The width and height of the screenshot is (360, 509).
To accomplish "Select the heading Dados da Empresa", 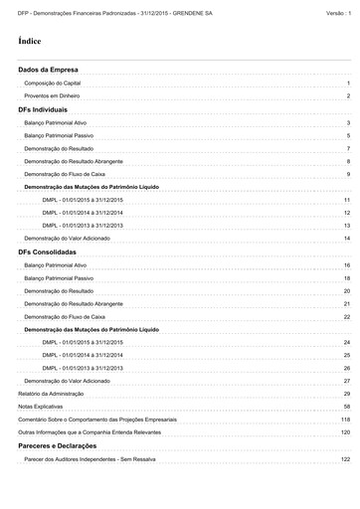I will (49, 72).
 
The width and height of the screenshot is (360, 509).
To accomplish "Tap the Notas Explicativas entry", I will (39, 407).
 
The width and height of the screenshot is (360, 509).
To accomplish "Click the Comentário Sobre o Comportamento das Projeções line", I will (110, 420).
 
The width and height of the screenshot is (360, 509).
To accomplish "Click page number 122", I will (345, 459).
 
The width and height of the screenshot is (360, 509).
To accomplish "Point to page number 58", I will (347, 407).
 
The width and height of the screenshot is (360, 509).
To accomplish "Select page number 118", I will (345, 420).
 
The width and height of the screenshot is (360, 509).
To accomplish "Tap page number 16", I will (347, 265).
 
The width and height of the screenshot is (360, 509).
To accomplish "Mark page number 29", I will (347, 394).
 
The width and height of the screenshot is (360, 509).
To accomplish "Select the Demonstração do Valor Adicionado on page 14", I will (66, 239).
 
